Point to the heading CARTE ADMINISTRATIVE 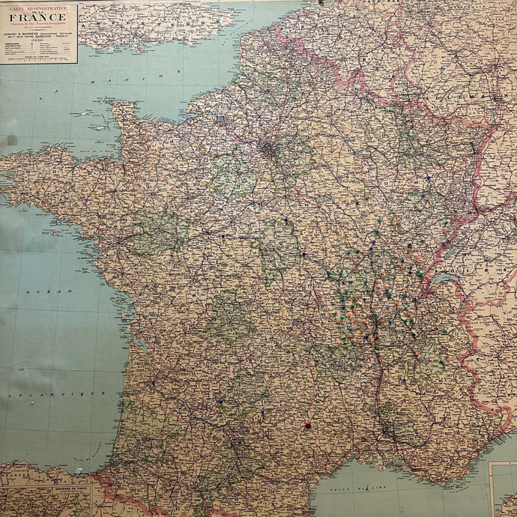point(40,7)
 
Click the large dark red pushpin point(307,426)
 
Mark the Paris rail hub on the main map point(267,148)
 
